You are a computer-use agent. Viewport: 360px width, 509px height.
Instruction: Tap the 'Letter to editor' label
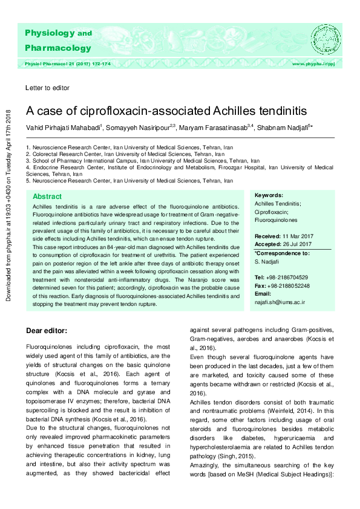[x=48, y=88]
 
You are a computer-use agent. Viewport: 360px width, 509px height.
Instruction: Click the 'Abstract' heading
[x=47, y=197]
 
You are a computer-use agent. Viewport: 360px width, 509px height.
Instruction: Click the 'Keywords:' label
[x=269, y=196]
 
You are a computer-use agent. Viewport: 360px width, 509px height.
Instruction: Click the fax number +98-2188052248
[x=291, y=285]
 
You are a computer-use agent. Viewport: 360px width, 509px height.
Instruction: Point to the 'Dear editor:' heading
[x=50, y=331]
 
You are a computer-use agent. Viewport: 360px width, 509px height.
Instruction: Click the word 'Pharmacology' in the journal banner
[x=58, y=48]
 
